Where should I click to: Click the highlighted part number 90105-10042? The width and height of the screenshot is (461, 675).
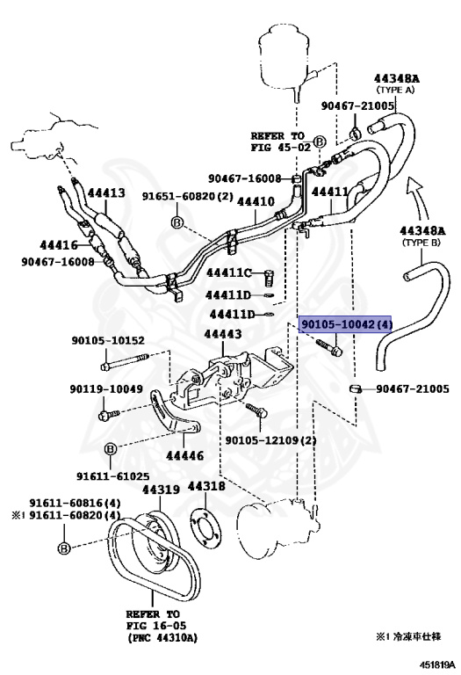346,325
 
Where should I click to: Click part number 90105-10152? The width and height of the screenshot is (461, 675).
106,340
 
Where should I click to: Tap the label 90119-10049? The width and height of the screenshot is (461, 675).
106,388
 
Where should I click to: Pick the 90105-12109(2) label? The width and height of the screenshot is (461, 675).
270,440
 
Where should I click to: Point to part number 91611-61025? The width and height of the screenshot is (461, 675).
110,475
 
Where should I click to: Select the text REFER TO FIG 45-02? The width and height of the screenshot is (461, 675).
280,142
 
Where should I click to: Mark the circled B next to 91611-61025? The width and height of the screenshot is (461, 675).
112,450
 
